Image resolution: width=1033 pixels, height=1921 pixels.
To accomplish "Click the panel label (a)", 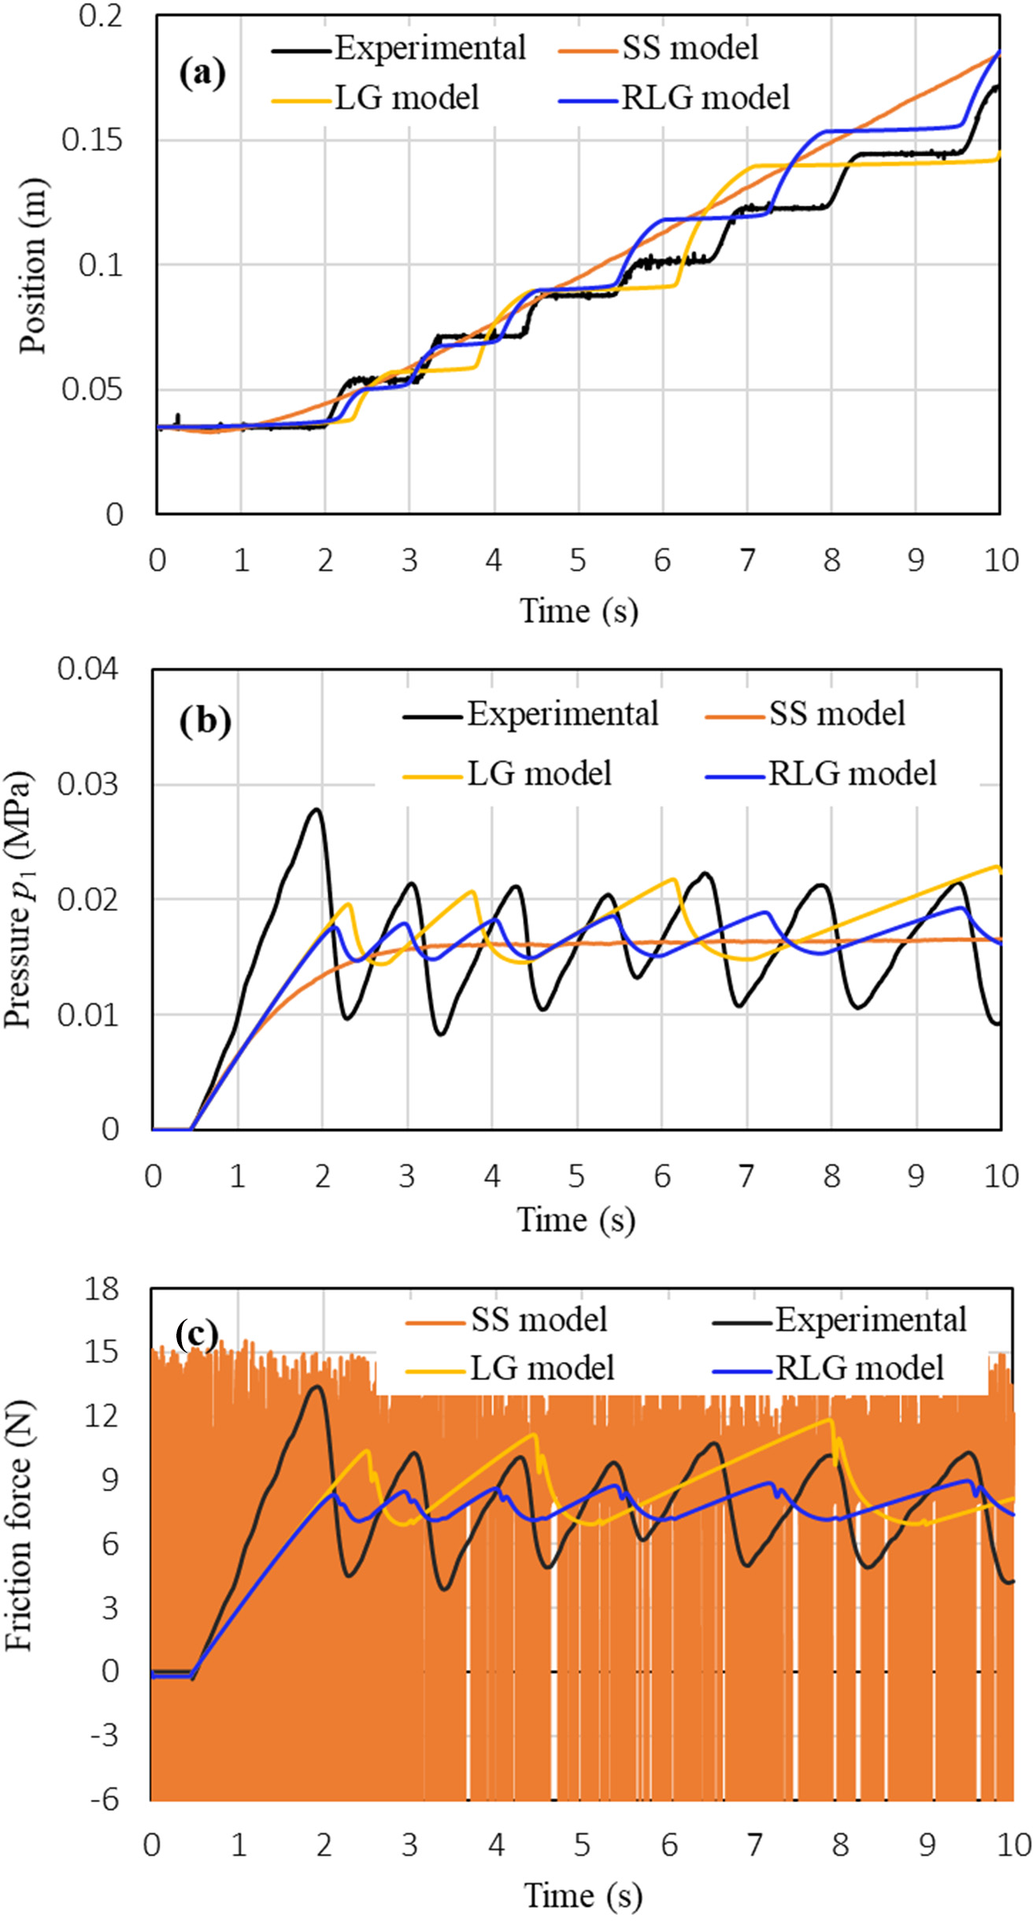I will [x=202, y=73].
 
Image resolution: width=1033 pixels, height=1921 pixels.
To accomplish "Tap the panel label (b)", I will [x=205, y=720].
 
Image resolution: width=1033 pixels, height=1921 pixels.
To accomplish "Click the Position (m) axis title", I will [x=33, y=266].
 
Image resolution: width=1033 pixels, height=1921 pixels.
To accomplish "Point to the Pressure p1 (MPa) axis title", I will [x=19, y=899].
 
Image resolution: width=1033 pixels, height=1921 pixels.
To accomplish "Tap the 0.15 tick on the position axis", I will [x=92, y=140].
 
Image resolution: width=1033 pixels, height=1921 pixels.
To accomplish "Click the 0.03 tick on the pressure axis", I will [x=87, y=784].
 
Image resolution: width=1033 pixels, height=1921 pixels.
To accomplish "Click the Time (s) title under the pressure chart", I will [x=576, y=1220].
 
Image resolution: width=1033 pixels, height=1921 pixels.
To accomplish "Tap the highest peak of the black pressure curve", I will [x=317, y=809].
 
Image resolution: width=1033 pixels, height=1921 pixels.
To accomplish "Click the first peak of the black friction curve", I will [x=317, y=1386].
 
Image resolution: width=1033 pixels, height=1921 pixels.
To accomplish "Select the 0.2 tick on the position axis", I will [x=101, y=16].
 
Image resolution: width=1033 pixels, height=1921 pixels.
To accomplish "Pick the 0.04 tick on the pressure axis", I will [x=87, y=669].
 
